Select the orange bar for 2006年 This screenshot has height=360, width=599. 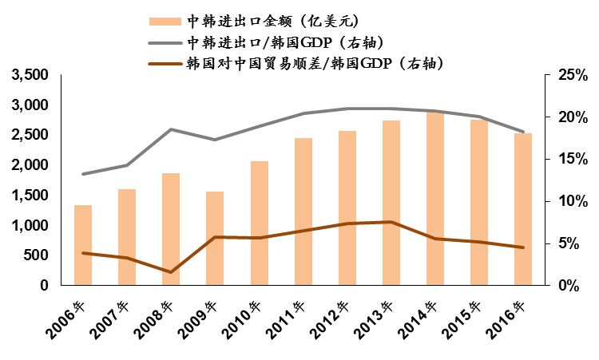(x=83, y=245)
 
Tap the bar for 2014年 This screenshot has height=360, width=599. (x=435, y=199)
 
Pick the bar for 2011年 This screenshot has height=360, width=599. (x=303, y=212)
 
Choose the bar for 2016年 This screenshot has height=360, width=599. (x=523, y=209)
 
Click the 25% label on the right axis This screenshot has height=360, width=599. (x=572, y=75)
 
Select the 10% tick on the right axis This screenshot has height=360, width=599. (x=572, y=201)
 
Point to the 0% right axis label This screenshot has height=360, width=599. (x=576, y=286)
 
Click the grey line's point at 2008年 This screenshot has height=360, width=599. (x=171, y=129)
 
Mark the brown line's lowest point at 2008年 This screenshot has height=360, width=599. (x=171, y=272)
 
